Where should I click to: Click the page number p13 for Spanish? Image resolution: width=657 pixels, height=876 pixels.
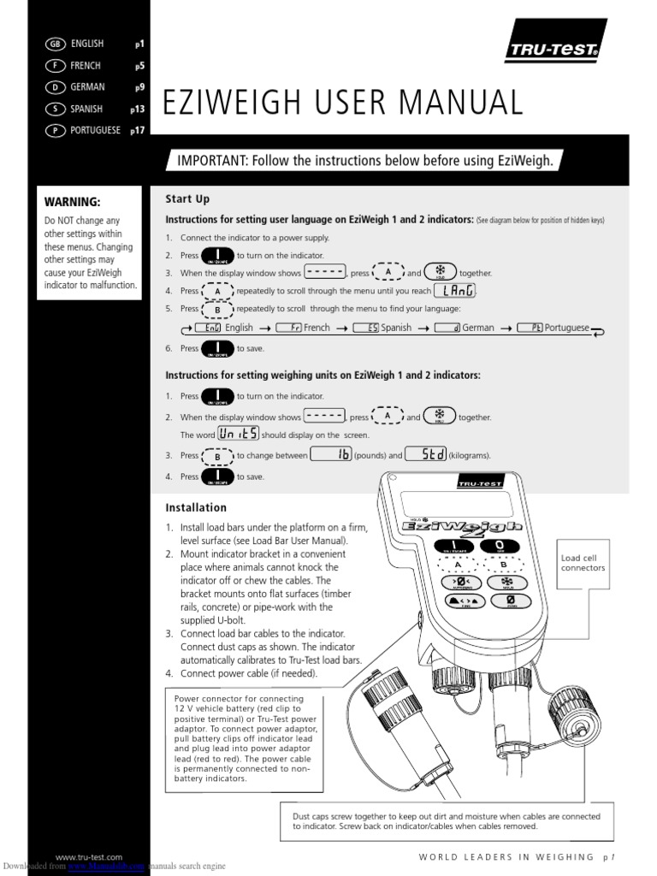[137, 109]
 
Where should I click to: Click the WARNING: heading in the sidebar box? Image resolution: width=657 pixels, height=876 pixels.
[73, 202]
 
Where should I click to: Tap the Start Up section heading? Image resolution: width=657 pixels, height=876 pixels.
[187, 199]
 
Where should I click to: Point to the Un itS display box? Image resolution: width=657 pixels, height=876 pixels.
[238, 434]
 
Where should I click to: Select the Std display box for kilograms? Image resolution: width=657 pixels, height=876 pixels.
[425, 455]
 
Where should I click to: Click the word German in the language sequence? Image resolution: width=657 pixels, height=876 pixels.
[478, 328]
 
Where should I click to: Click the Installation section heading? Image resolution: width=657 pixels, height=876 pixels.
[196, 507]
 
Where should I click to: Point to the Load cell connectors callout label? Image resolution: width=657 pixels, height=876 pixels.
[583, 563]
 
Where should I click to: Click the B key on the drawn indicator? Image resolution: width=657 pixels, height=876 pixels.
[503, 565]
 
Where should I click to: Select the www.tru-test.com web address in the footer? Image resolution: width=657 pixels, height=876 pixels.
[89, 857]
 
